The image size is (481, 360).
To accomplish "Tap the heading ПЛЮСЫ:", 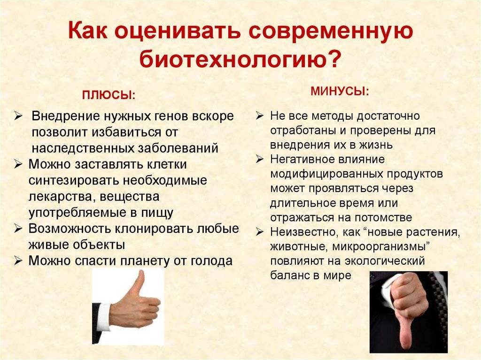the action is click(109, 95).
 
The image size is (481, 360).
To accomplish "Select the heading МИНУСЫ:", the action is click(340, 92).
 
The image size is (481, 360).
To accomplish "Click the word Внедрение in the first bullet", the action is click(66, 116).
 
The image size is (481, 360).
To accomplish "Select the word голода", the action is click(211, 261).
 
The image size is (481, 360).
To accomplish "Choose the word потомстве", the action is click(383, 217).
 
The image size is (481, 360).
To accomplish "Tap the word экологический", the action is click(385, 261).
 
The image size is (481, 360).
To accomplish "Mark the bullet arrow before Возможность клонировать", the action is click(18, 229).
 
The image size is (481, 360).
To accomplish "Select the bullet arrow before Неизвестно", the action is click(260, 232).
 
